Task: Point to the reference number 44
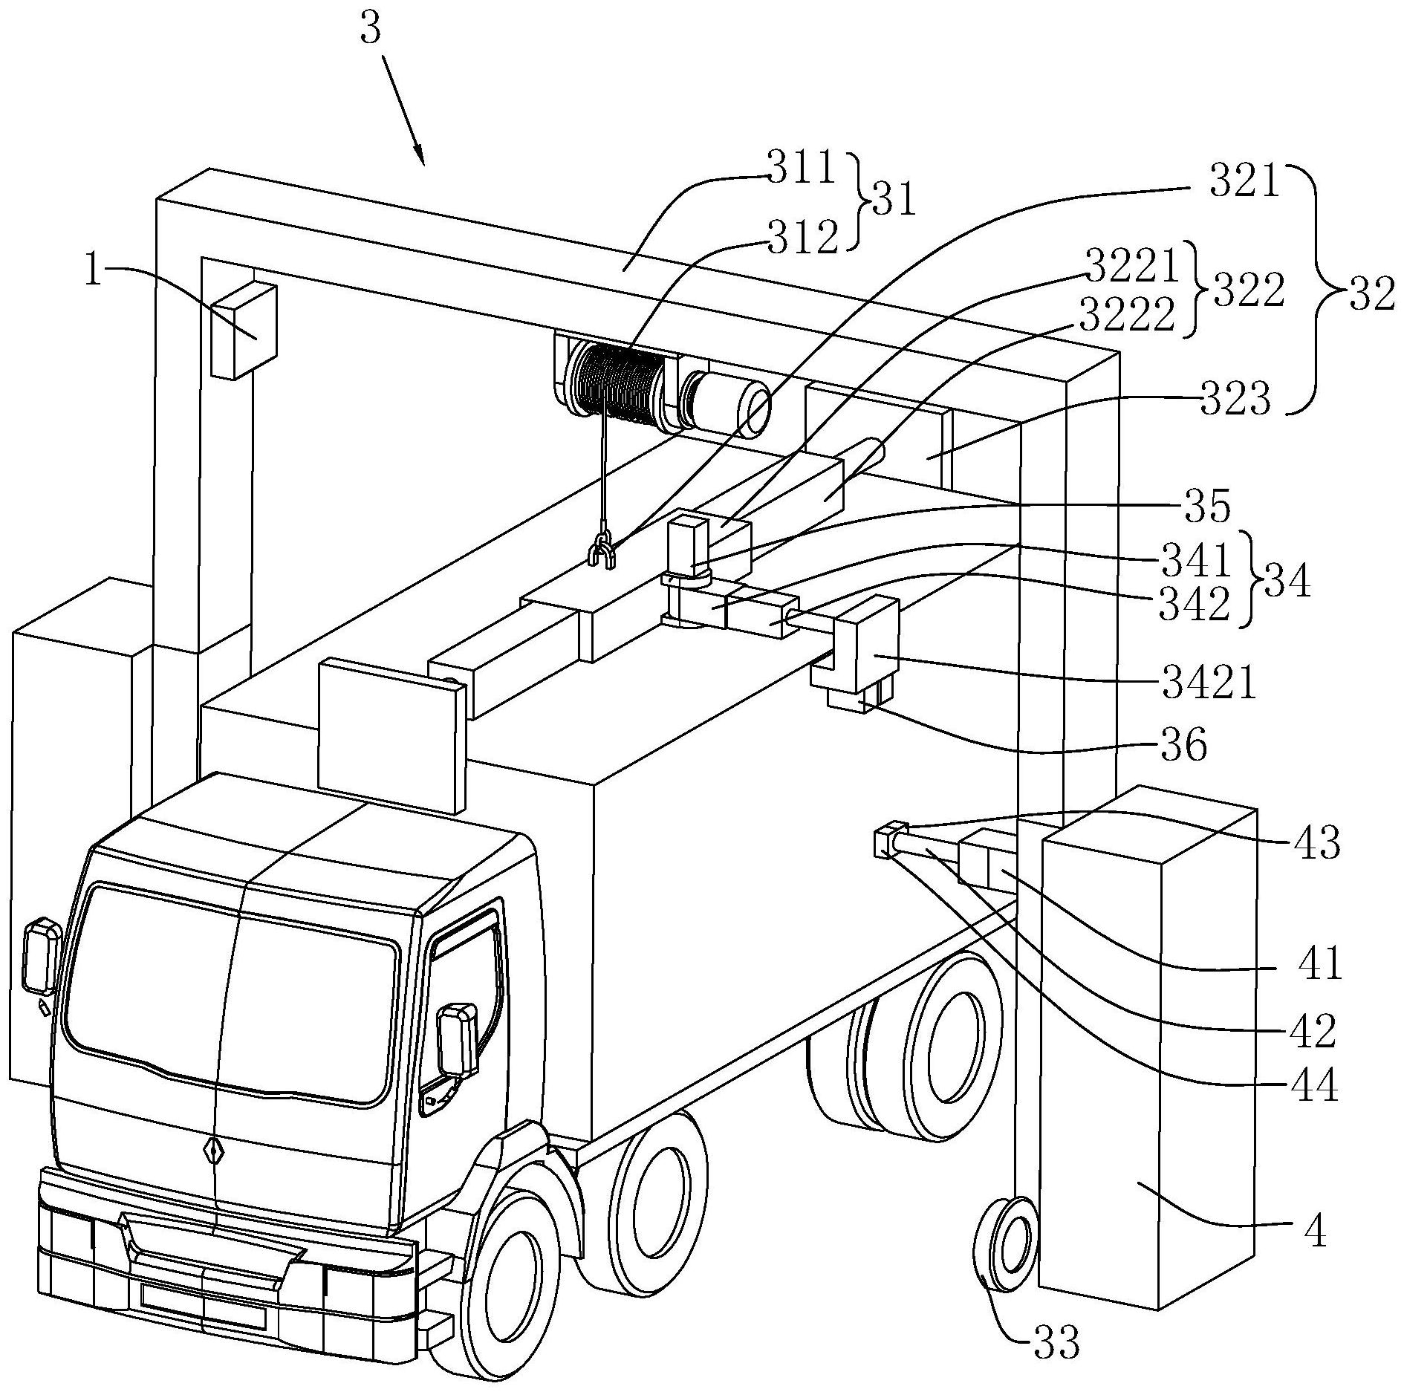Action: point(1314,1086)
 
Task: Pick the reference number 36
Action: point(1186,744)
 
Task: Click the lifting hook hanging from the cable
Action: point(601,553)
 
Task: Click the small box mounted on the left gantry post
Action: point(244,330)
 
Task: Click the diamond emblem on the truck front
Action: point(215,1151)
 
